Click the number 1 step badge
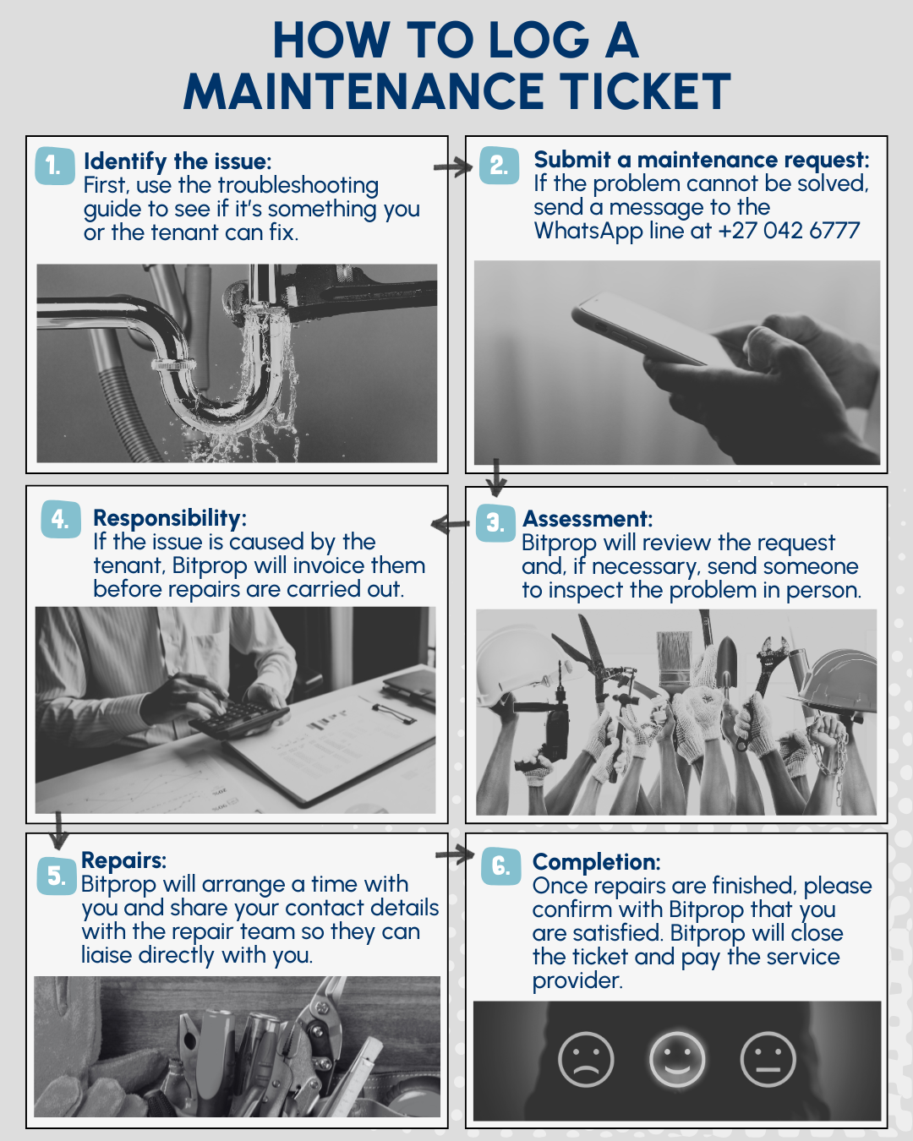tap(55, 166)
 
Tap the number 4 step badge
tap(61, 520)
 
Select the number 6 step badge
tap(500, 865)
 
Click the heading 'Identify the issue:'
tap(178, 161)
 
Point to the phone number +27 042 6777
tap(789, 230)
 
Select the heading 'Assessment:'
tap(588, 519)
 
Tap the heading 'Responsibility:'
tap(170, 518)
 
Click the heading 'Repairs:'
tap(123, 860)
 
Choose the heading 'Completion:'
tap(596, 862)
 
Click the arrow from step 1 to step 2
tap(452, 167)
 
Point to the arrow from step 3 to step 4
tap(450, 524)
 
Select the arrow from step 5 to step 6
tap(455, 854)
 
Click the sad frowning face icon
tap(586, 1059)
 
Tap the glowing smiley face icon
tap(677, 1059)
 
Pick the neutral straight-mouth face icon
tap(768, 1059)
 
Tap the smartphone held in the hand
tap(648, 328)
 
